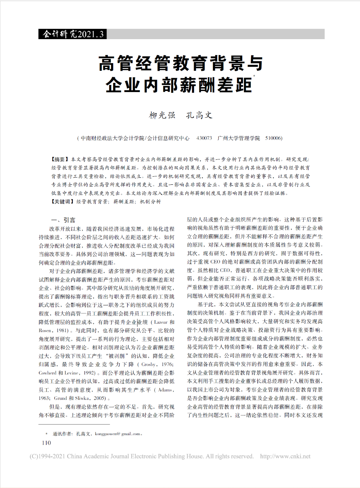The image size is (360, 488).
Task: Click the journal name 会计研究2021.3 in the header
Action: (x=73, y=34)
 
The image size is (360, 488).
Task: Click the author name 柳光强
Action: (x=162, y=115)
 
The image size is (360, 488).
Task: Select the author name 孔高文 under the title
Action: (x=199, y=115)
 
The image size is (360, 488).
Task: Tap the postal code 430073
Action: (x=204, y=138)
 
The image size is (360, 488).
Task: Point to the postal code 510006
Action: (x=273, y=138)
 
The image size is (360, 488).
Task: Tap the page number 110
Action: (x=46, y=443)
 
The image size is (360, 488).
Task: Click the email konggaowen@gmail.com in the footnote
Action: (x=117, y=434)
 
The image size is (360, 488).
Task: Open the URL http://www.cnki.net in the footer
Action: (x=285, y=456)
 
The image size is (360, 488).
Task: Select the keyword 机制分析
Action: (x=151, y=202)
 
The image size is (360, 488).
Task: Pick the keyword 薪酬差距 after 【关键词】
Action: (x=124, y=202)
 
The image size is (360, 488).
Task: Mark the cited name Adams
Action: (x=165, y=390)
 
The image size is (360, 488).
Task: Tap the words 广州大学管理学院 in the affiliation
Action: (x=239, y=138)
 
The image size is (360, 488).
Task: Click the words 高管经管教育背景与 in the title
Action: (x=181, y=63)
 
